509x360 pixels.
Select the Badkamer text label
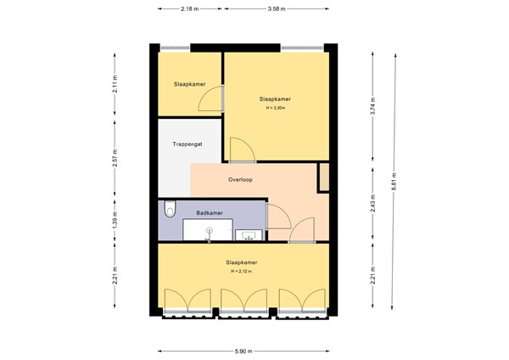point(209,213)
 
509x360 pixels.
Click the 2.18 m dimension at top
point(190,9)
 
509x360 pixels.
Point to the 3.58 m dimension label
point(276,9)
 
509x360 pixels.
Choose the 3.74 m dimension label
point(373,108)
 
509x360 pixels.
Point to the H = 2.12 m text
point(243,272)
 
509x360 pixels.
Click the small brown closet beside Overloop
point(323,177)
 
